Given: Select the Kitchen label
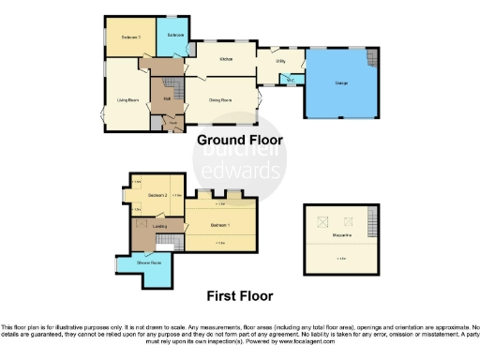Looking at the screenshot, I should (x=225, y=58).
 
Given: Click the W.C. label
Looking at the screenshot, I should (x=291, y=80).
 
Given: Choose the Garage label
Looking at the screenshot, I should (x=342, y=82).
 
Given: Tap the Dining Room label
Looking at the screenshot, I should (x=221, y=97).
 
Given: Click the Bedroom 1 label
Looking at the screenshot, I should (x=220, y=226).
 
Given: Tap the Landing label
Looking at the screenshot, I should (x=159, y=226).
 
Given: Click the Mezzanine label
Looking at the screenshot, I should (x=341, y=235).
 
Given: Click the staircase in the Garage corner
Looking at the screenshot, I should (x=372, y=60).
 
